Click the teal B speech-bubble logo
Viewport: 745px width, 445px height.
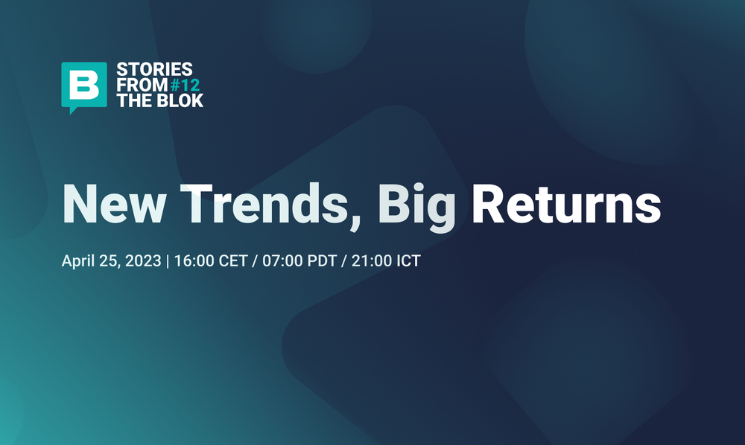tap(82, 85)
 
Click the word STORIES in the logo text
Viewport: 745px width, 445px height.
tap(143, 70)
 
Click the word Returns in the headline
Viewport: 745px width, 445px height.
tap(566, 203)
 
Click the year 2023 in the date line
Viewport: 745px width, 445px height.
tap(144, 262)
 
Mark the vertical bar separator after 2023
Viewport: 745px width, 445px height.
tap(168, 262)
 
